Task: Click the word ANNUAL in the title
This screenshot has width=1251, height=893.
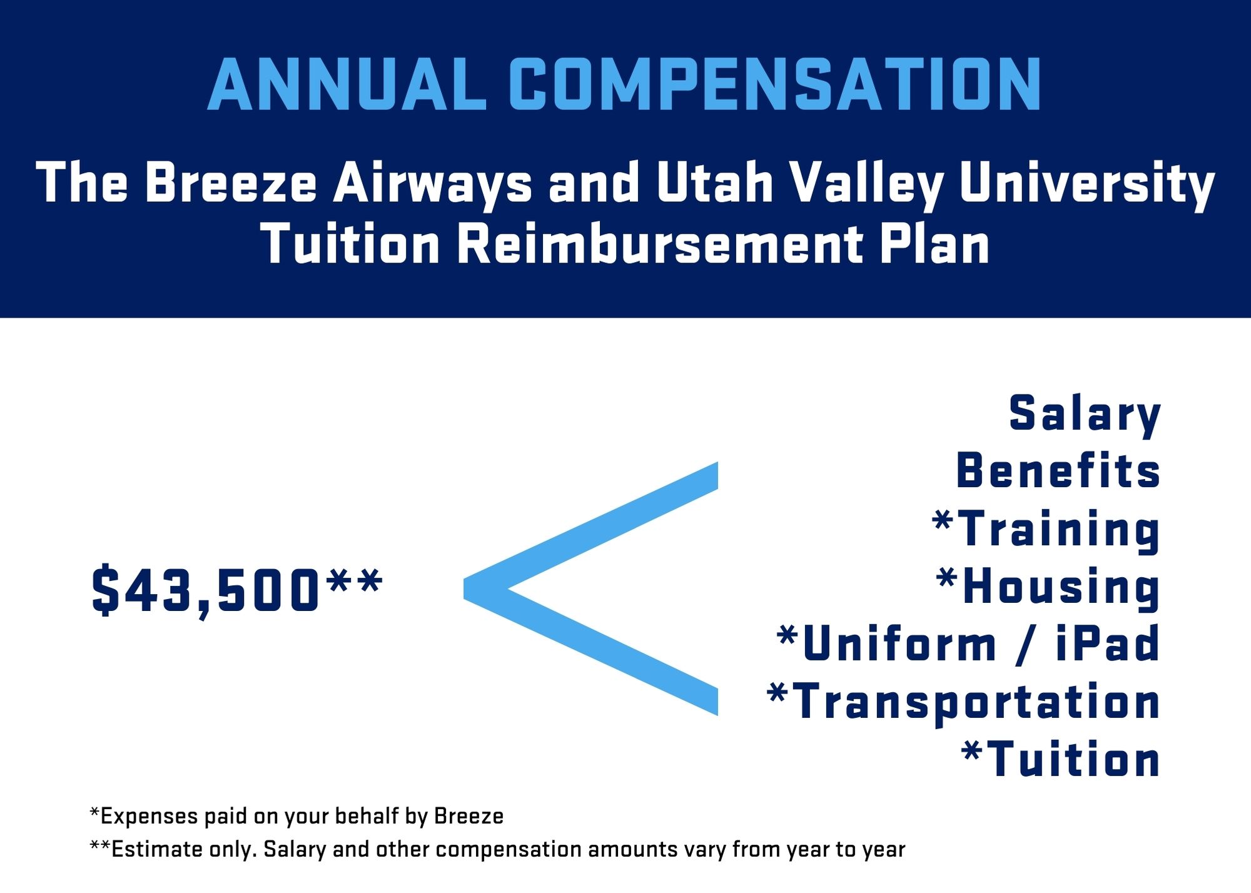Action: pos(347,85)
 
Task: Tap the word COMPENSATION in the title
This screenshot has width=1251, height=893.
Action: pos(776,85)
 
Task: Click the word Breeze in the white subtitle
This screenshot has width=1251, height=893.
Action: pos(231,183)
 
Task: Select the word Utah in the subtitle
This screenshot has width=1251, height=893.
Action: pos(714,183)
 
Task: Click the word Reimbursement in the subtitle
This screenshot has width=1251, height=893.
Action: pos(660,244)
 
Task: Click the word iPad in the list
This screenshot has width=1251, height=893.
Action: pos(1108,643)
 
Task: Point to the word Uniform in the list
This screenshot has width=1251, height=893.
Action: pos(899,643)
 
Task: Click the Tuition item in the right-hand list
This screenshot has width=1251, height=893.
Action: pos(1061,759)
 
